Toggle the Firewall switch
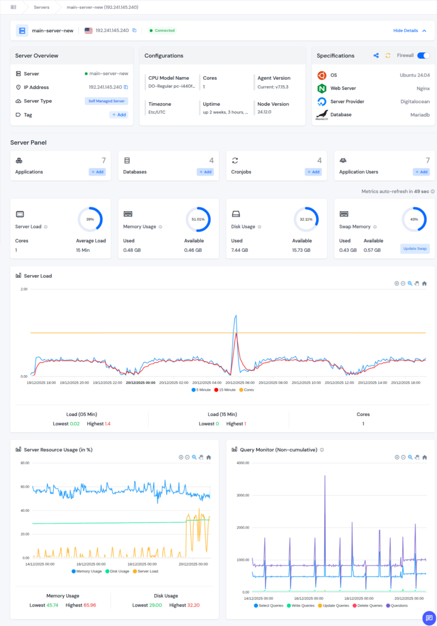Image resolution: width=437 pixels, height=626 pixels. click(x=423, y=55)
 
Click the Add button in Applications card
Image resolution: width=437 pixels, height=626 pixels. click(x=97, y=172)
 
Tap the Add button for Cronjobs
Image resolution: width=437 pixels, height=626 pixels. click(x=313, y=172)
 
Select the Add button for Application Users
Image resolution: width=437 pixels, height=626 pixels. click(x=421, y=172)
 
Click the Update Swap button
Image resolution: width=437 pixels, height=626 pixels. click(x=415, y=249)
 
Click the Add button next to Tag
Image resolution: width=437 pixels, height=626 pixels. click(x=119, y=115)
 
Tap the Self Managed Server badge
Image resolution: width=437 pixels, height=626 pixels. click(x=106, y=101)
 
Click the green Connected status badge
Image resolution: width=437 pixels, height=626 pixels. click(x=162, y=31)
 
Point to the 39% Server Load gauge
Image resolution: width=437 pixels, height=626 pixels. click(x=90, y=219)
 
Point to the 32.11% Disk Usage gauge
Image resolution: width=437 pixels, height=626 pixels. click(x=306, y=219)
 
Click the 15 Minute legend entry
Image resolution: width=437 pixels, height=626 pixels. click(x=225, y=390)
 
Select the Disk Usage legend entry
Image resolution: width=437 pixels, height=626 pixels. click(x=117, y=571)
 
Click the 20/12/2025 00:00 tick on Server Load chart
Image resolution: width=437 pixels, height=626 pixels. click(x=141, y=383)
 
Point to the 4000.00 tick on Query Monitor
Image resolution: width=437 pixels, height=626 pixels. click(x=243, y=463)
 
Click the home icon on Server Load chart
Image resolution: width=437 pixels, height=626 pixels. click(x=424, y=284)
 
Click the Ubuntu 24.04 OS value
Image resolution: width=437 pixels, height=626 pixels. click(x=415, y=75)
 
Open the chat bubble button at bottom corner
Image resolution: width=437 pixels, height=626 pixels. click(x=429, y=618)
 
